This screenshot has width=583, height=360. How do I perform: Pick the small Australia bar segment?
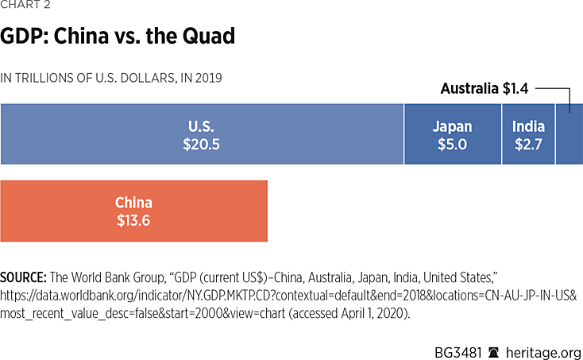pos(569,134)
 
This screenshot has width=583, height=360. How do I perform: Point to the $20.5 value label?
pos(202,145)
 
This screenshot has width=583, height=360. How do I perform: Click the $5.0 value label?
pos(452,145)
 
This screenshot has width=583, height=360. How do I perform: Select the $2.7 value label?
pos(528,145)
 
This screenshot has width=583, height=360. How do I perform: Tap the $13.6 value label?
pos(133,220)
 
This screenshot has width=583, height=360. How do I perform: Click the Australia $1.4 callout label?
pos(485,89)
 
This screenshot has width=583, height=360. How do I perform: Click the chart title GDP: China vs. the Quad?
pos(118,37)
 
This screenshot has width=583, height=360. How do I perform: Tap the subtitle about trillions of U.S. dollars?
pos(111,78)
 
